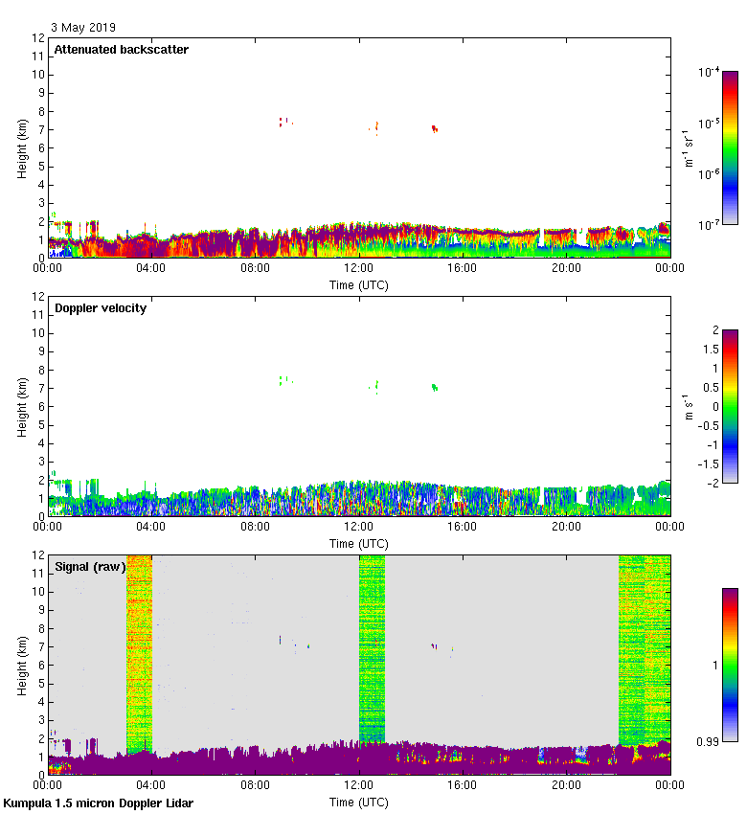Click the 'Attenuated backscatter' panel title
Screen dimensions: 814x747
click(121, 50)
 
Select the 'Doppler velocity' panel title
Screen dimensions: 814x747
click(101, 308)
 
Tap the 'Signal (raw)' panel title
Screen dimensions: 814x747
click(90, 567)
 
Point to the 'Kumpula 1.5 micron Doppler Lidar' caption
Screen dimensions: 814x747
click(99, 803)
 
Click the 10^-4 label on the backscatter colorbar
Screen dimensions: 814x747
click(710, 73)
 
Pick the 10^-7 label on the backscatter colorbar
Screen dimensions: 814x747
click(710, 224)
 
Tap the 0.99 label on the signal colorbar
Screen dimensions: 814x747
click(709, 740)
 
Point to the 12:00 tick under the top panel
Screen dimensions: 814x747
click(359, 269)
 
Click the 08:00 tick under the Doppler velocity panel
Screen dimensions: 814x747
click(255, 527)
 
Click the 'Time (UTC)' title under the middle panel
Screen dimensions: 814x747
click(359, 543)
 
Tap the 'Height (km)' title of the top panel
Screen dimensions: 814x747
click(21, 147)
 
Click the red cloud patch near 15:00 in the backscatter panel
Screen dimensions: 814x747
click(434, 128)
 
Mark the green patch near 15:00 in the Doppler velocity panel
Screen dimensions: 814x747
click(435, 388)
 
